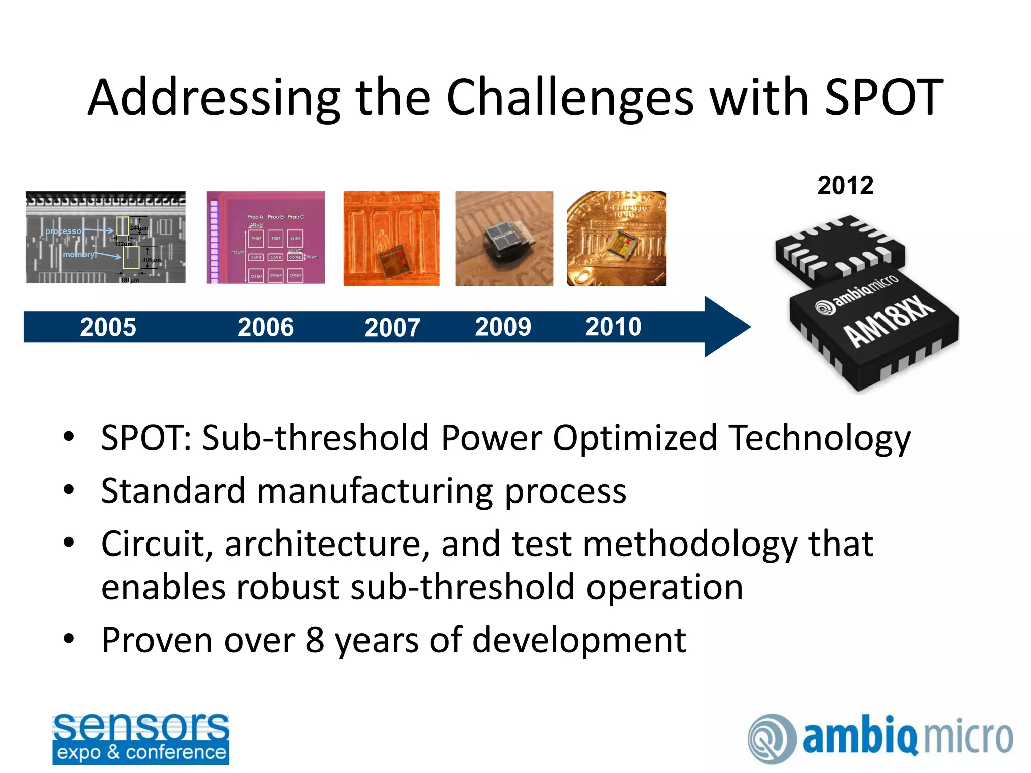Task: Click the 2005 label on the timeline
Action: (x=108, y=327)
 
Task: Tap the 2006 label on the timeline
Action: (x=265, y=327)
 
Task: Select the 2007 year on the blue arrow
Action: (x=392, y=328)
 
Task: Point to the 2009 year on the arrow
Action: (x=503, y=327)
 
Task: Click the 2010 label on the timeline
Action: (x=613, y=327)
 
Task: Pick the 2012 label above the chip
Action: (x=845, y=185)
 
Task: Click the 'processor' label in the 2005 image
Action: (x=64, y=231)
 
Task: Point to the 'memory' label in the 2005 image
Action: (x=79, y=254)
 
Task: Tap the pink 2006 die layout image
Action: (x=265, y=237)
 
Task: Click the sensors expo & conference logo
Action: (x=140, y=738)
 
